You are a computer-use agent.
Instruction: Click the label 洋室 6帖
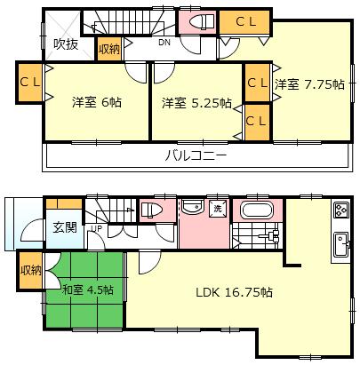point(97,102)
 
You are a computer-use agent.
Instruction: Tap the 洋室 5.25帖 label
point(196,102)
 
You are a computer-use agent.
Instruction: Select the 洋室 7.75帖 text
point(309,85)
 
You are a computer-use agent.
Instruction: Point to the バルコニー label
point(196,156)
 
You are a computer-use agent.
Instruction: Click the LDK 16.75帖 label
point(234,291)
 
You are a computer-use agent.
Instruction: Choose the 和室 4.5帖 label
point(87,290)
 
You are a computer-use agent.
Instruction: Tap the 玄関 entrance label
point(64,226)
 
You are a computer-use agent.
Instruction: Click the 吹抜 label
point(65,43)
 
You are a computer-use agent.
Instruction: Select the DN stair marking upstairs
point(164,42)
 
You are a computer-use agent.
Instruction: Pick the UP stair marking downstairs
point(96,228)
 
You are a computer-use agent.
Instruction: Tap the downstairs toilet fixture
point(150,210)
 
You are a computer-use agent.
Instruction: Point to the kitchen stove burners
point(341,211)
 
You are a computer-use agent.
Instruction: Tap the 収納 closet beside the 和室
point(30,271)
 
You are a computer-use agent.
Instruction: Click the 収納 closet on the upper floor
point(109,51)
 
